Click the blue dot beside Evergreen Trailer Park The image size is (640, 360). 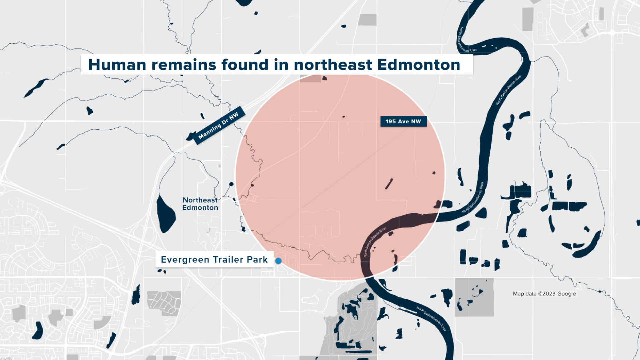278,261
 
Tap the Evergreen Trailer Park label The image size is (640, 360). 214,260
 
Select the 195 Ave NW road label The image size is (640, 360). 403,121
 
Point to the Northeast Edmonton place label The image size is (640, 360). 200,204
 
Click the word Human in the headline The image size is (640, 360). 117,65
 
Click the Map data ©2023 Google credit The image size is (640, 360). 544,294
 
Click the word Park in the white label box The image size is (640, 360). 257,260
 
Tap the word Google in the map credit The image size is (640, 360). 566,294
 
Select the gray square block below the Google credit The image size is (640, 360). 474,297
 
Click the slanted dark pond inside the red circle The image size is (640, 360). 389,184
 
